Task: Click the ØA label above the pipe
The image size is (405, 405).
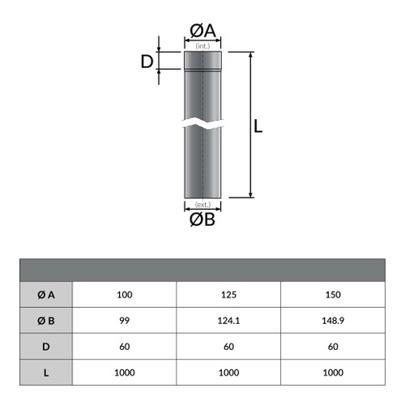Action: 202,31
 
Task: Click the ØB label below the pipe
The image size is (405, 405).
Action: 202,220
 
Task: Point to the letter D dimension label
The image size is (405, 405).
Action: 147,62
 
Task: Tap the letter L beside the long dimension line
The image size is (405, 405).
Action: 258,126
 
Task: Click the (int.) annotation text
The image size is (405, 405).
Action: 202,46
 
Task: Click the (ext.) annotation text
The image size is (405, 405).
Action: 202,205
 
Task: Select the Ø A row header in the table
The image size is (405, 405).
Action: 46,295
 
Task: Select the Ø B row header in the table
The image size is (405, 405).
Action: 46,321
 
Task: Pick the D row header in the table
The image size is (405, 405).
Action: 46,347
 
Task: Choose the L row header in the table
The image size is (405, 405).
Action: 46,373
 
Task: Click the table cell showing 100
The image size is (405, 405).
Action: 125,295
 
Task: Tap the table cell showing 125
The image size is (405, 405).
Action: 228,295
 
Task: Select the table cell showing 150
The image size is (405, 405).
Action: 333,295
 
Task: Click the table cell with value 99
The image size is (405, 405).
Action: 125,321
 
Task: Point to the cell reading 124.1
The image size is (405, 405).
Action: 228,321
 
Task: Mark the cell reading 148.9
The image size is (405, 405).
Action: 333,321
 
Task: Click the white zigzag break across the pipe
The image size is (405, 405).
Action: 202,123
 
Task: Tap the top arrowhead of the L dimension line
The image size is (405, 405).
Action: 250,55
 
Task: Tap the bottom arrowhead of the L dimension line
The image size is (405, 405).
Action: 250,194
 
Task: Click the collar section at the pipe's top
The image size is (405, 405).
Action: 202,60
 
